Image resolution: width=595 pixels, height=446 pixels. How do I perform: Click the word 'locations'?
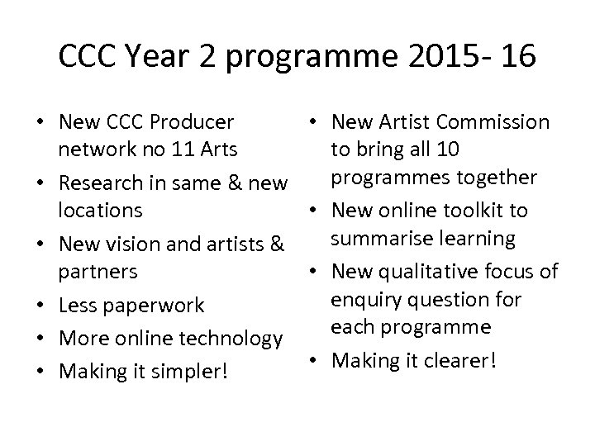point(100,210)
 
